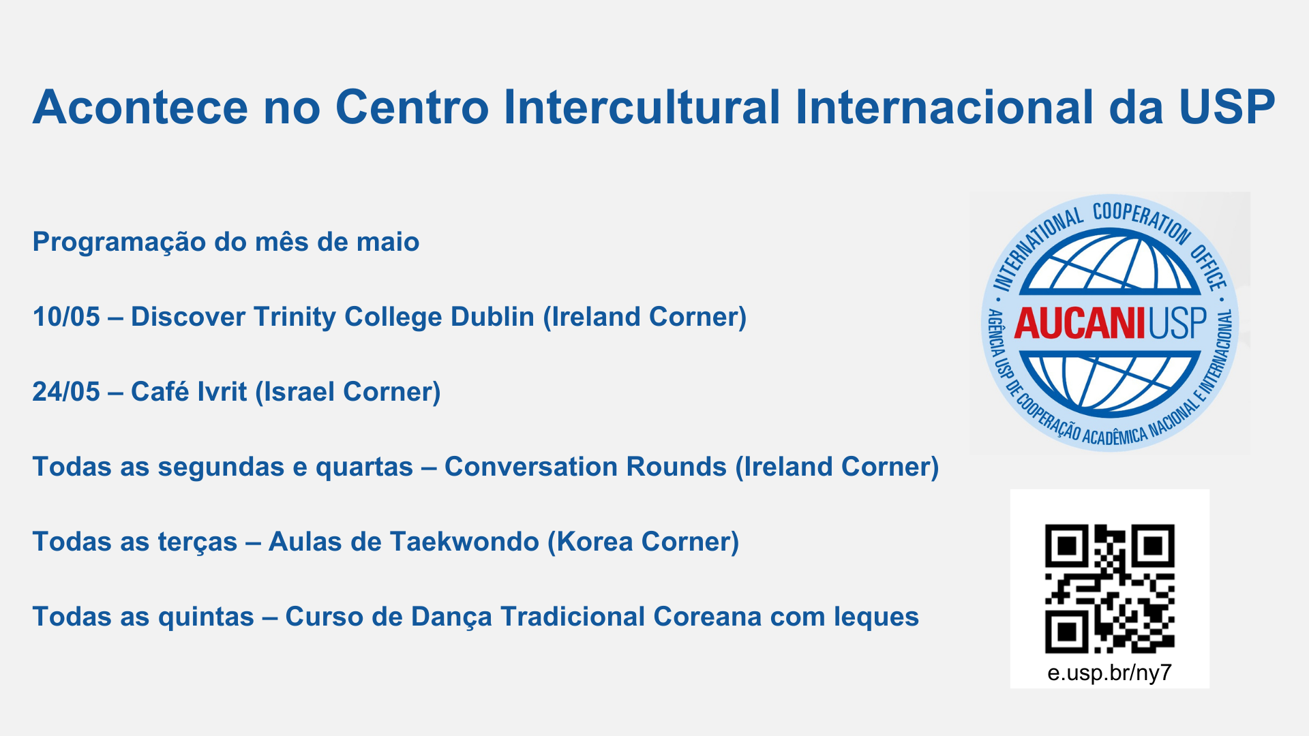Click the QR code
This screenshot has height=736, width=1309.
point(1110,589)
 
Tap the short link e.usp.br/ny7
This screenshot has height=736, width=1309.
point(1109,673)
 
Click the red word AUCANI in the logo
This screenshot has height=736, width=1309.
point(1079,324)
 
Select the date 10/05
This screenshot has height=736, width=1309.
point(66,317)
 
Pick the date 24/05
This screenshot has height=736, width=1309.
point(66,392)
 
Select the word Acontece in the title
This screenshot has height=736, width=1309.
point(140,108)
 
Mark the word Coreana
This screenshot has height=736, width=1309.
point(708,617)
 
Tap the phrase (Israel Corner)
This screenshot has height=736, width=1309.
point(348,393)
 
